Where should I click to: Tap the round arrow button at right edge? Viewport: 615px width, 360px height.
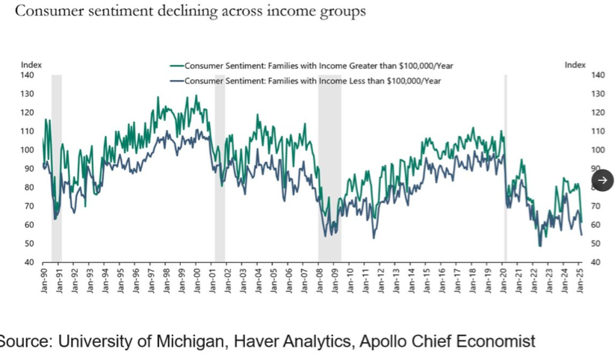[602, 180]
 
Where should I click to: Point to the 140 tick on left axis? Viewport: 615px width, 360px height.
[28, 75]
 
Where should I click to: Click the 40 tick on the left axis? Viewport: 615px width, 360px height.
[28, 262]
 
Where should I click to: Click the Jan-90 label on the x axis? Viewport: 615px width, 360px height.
[45, 280]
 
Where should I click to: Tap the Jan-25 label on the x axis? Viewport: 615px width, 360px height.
[581, 280]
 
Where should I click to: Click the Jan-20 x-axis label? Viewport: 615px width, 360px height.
[504, 280]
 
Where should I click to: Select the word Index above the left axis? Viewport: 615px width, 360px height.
[31, 65]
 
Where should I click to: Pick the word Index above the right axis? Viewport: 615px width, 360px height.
[575, 65]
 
